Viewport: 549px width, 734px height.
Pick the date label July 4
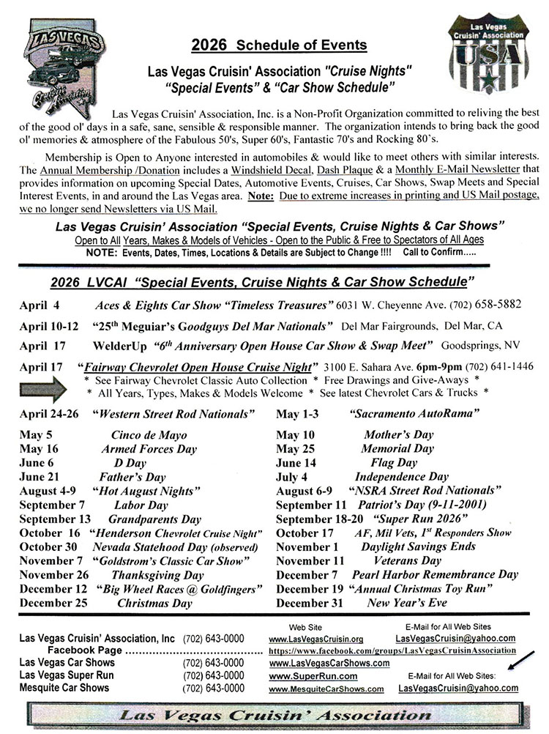(x=292, y=476)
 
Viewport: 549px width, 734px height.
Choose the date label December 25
(x=53, y=603)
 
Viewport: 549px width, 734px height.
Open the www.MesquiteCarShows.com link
(x=326, y=689)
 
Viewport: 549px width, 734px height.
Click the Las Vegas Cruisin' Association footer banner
(x=274, y=714)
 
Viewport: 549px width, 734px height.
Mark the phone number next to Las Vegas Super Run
(x=214, y=675)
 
